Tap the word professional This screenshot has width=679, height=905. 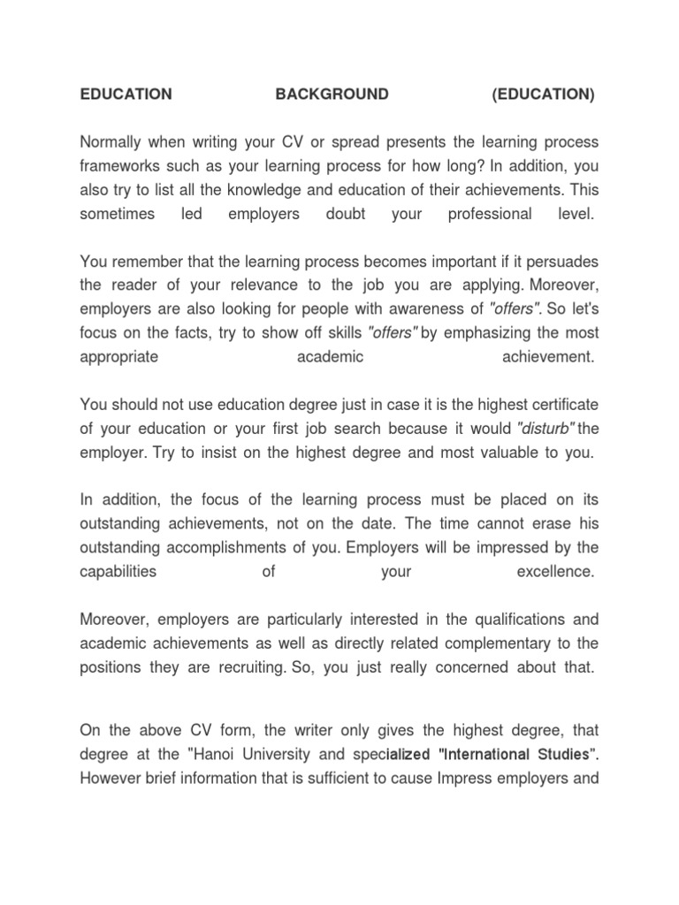click(x=490, y=214)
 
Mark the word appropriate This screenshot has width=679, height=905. click(x=119, y=357)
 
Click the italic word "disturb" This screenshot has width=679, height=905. click(x=545, y=429)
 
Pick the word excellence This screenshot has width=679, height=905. click(x=554, y=571)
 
